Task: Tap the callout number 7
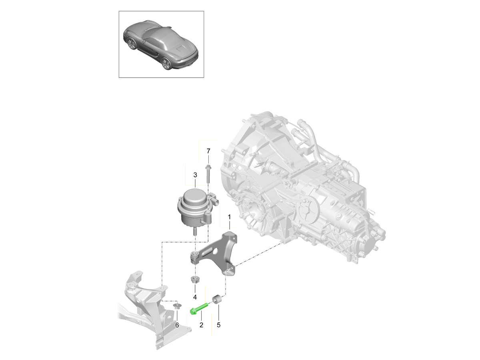click(x=208, y=151)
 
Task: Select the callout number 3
click(x=195, y=175)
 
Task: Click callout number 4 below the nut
click(x=195, y=297)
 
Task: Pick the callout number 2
click(x=202, y=325)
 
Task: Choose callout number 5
click(x=218, y=325)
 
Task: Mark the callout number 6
click(x=177, y=326)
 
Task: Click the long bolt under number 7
click(x=208, y=177)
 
